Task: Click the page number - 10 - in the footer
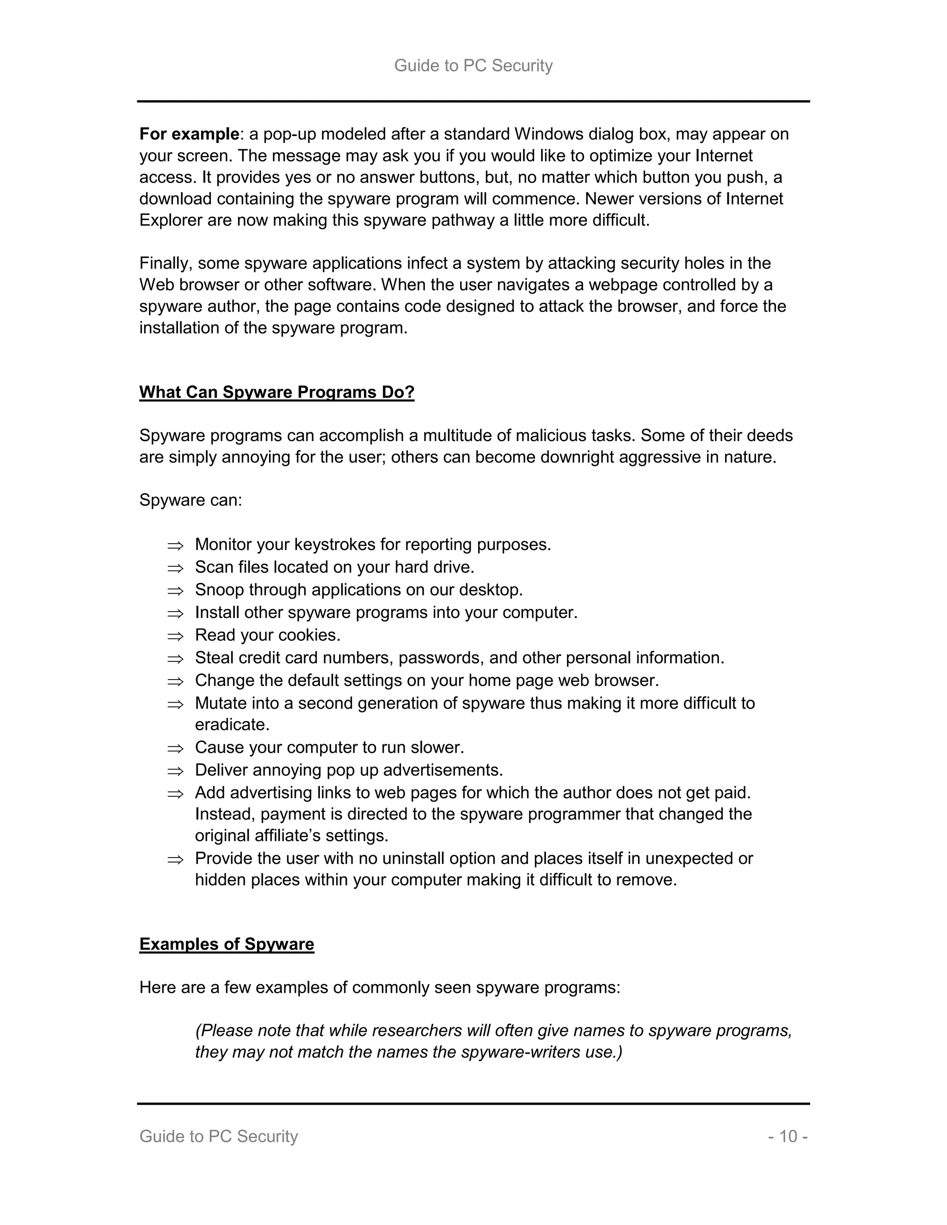[787, 1136]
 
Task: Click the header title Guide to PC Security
[473, 66]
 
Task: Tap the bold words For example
[189, 134]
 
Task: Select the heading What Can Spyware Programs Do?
[277, 392]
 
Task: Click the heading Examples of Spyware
[227, 944]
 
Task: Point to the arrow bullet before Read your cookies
[175, 636]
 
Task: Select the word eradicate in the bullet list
[232, 725]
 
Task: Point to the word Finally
[165, 263]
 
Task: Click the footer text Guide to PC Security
[218, 1136]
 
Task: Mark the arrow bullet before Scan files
[175, 568]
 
